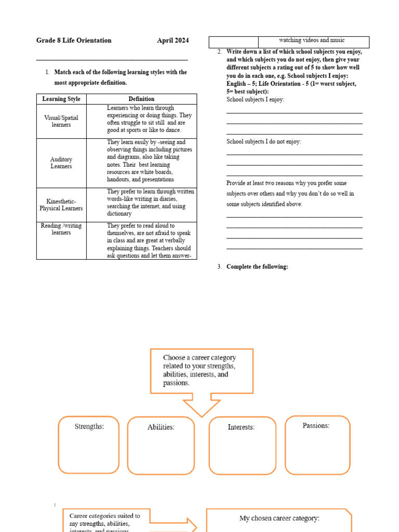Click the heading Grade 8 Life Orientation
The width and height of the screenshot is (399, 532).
(74, 41)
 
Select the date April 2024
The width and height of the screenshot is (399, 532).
(173, 41)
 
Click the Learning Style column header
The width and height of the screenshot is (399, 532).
(61, 99)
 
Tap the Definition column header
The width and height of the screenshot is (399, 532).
(141, 99)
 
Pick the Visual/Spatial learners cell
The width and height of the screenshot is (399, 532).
(61, 121)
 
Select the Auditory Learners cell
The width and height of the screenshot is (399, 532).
(61, 163)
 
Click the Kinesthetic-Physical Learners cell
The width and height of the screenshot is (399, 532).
(61, 205)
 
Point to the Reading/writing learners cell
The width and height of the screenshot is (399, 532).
(61, 229)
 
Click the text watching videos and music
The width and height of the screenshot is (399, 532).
(312, 41)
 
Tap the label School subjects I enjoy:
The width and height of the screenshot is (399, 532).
(255, 99)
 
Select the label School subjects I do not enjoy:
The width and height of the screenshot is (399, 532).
(263, 141)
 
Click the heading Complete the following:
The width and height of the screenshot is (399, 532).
(257, 267)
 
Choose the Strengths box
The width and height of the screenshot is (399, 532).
(89, 445)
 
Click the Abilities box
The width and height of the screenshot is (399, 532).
(161, 446)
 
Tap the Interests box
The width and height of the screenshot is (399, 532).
(242, 446)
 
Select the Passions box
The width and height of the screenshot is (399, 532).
(317, 445)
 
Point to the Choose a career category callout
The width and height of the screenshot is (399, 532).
(202, 371)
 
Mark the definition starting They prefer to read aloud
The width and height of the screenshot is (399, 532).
(149, 241)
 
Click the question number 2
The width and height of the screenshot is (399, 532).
(220, 52)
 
